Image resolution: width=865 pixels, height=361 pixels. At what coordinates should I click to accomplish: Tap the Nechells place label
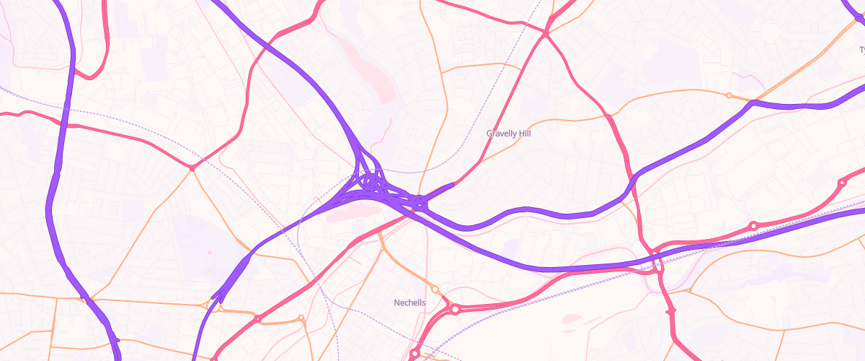click(x=409, y=303)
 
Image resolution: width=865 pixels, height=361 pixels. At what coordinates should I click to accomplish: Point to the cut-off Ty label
click(x=861, y=50)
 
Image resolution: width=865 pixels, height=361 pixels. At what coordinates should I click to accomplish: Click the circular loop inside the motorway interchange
click(x=371, y=178)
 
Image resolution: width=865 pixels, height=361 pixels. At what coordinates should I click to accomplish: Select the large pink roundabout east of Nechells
click(x=455, y=310)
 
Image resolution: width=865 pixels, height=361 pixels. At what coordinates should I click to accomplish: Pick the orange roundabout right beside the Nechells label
click(x=435, y=290)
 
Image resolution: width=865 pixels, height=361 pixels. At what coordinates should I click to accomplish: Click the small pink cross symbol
click(x=210, y=252)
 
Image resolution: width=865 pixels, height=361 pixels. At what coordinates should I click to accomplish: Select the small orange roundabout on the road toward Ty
click(x=729, y=95)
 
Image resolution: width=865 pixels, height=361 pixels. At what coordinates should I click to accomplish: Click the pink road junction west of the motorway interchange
click(x=192, y=168)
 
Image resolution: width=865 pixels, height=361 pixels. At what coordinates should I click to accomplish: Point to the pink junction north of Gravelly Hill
click(x=546, y=33)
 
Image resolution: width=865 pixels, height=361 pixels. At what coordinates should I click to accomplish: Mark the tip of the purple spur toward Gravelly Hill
click(x=452, y=185)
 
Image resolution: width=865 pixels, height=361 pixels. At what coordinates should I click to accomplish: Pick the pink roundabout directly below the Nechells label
click(x=414, y=354)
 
